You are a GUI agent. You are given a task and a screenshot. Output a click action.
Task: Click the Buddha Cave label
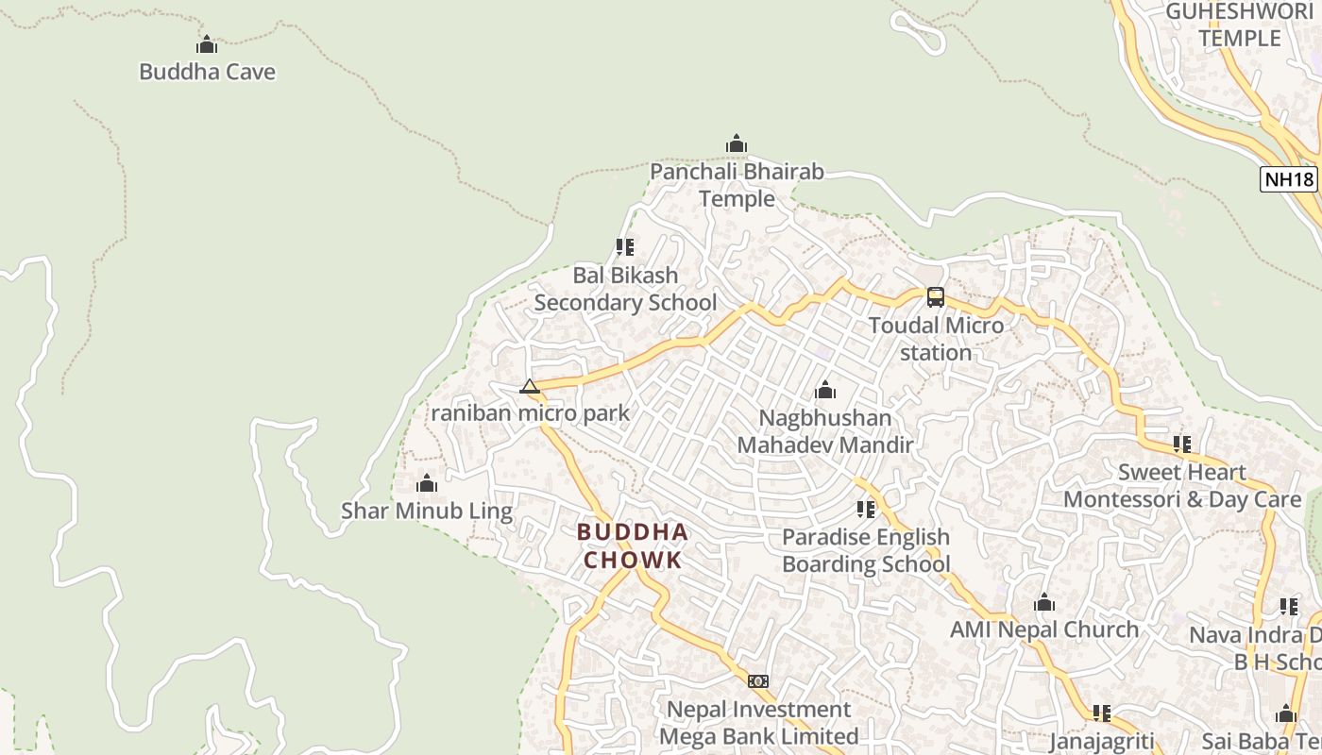pyautogui.click(x=207, y=72)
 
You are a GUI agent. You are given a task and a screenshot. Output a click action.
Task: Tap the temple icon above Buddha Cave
pyautogui.click(x=207, y=44)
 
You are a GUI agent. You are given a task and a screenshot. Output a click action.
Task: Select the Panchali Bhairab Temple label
pyautogui.click(x=737, y=185)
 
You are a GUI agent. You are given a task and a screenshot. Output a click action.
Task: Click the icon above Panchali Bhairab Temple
pyautogui.click(x=737, y=144)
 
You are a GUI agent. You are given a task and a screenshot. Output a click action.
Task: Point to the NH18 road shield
pyautogui.click(x=1288, y=179)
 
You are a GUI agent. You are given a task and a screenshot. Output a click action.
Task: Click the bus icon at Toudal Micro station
pyautogui.click(x=935, y=297)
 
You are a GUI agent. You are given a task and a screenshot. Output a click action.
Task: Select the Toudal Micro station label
pyautogui.click(x=936, y=339)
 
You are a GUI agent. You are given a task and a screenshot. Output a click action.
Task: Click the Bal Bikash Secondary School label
pyautogui.click(x=625, y=289)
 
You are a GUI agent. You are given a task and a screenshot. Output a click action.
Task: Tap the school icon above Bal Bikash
pyautogui.click(x=625, y=247)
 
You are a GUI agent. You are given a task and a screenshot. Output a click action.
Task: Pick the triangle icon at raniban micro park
pyautogui.click(x=530, y=386)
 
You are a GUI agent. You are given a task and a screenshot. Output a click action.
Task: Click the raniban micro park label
pyautogui.click(x=530, y=412)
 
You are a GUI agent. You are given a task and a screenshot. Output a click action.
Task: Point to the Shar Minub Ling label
pyautogui.click(x=427, y=512)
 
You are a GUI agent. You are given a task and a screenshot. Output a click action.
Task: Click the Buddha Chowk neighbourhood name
pyautogui.click(x=633, y=545)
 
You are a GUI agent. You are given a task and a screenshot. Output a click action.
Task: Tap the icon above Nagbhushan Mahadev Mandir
pyautogui.click(x=825, y=390)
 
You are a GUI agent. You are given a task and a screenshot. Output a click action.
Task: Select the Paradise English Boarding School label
pyautogui.click(x=866, y=550)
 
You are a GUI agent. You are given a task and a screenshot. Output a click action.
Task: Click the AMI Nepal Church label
pyautogui.click(x=1044, y=629)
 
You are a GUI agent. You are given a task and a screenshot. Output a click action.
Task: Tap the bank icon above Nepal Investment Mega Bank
pyautogui.click(x=758, y=681)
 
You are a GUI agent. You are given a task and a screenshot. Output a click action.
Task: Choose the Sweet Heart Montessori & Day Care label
pyautogui.click(x=1182, y=485)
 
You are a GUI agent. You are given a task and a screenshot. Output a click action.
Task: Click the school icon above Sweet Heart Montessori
pyautogui.click(x=1182, y=444)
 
